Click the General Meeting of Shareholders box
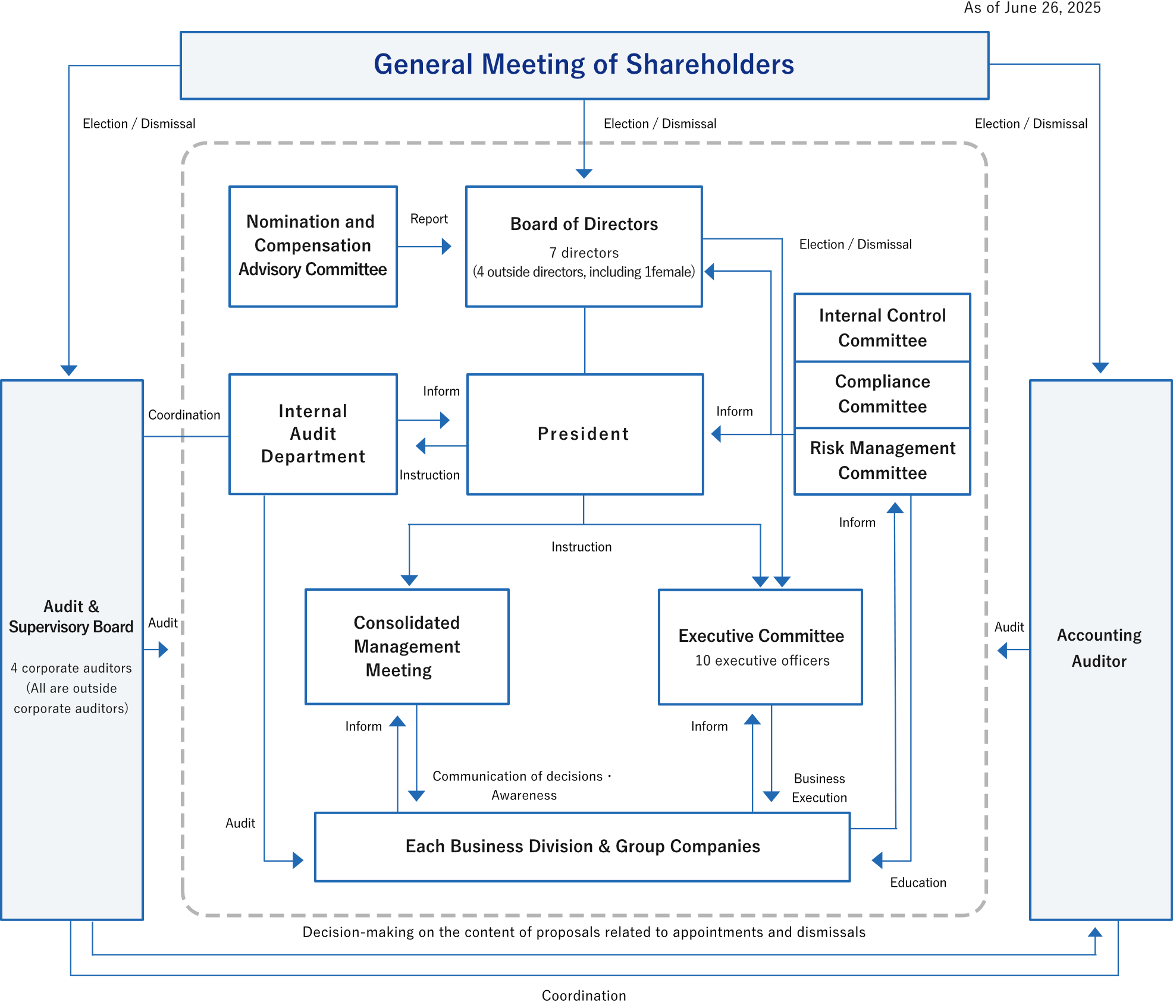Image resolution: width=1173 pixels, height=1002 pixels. pos(584,65)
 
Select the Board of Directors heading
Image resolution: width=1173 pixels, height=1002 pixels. pos(584,224)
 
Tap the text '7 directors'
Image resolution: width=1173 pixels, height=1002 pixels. pos(584,253)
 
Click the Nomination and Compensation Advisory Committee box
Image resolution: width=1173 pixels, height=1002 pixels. pos(313,246)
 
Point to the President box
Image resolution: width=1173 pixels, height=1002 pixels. pos(584,434)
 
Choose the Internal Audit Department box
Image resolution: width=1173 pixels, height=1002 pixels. pos(313,434)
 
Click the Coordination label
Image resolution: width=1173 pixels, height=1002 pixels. pos(184,415)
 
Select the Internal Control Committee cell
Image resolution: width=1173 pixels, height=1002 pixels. pos(882,327)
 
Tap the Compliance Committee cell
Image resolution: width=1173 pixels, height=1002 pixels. pos(882,394)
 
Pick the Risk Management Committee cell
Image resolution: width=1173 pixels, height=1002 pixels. pos(882,461)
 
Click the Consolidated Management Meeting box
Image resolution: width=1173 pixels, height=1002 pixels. pos(407,647)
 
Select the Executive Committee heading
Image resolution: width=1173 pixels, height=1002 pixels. pos(761,636)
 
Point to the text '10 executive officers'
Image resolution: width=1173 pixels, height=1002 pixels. pos(762,661)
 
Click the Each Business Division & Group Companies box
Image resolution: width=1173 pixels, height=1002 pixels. pos(582,846)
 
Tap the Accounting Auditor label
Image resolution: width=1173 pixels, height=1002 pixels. pos(1099,648)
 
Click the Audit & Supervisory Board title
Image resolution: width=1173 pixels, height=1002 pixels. pos(71,617)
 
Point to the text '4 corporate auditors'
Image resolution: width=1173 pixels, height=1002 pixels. pos(71,668)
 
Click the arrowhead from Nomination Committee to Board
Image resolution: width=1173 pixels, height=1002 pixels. pos(447,246)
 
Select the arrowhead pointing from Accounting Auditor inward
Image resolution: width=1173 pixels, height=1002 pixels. pos(1002,650)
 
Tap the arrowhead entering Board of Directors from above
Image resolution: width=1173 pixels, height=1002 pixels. pos(584,173)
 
